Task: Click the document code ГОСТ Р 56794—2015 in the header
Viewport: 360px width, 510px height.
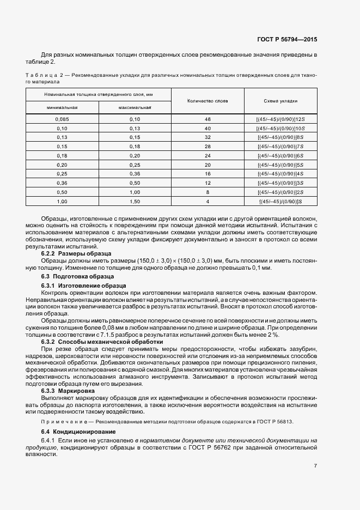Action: (287, 40)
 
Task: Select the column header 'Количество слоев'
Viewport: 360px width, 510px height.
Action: (207, 101)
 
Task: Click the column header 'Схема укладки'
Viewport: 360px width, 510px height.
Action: (280, 101)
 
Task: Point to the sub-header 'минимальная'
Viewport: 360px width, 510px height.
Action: (62, 107)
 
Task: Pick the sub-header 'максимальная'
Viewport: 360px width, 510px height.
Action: (135, 107)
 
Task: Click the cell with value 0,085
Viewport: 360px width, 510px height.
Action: (62, 119)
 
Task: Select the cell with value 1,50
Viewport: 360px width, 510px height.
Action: (135, 202)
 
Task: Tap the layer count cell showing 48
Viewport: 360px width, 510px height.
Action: (207, 119)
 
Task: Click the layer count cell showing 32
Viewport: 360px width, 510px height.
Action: (207, 137)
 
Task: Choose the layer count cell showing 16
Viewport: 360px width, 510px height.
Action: (207, 174)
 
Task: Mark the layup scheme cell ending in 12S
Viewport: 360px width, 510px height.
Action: (280, 119)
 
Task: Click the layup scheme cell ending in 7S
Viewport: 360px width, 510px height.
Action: (280, 147)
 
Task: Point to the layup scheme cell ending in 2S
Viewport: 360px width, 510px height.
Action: (280, 192)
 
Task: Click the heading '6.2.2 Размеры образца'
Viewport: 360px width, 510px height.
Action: (76, 254)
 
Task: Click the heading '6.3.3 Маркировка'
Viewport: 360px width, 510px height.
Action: (68, 391)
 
